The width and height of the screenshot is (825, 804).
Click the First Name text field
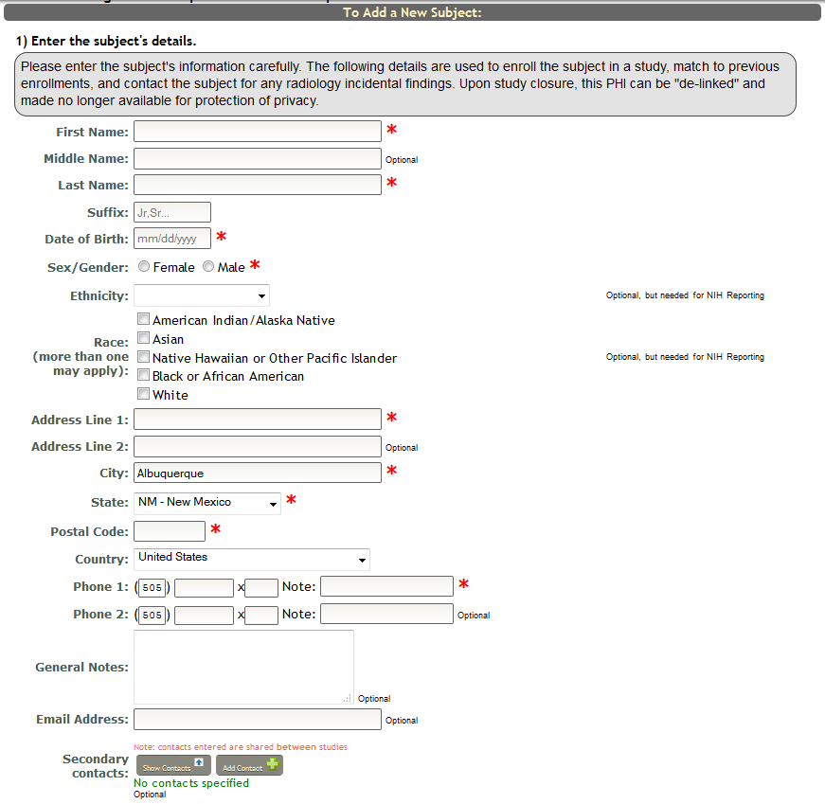[x=257, y=132]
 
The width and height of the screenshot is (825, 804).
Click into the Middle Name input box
[x=257, y=158]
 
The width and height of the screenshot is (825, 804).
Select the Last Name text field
[x=257, y=185]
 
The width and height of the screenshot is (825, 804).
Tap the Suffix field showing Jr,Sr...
[x=172, y=212]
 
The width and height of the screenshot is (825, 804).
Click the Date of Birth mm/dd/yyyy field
[x=172, y=239]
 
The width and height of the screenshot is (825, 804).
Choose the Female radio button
[x=144, y=267]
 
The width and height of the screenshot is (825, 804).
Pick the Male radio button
[x=208, y=267]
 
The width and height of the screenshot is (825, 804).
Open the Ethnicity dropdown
[x=202, y=295]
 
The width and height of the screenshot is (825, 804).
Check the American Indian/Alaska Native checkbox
[x=144, y=319]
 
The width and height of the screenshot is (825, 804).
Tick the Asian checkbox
[x=144, y=338]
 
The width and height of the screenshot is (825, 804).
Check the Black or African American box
[x=144, y=375]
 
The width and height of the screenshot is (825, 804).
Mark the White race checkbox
[x=144, y=394]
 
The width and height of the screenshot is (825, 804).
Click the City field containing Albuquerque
[x=257, y=473]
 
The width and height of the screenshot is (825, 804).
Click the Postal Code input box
[x=170, y=531]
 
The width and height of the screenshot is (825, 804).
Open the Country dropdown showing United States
[x=252, y=559]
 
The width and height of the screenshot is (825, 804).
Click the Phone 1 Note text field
[x=386, y=586]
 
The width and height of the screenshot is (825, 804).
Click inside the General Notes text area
[x=243, y=667]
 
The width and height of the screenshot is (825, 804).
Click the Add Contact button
[x=249, y=765]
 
